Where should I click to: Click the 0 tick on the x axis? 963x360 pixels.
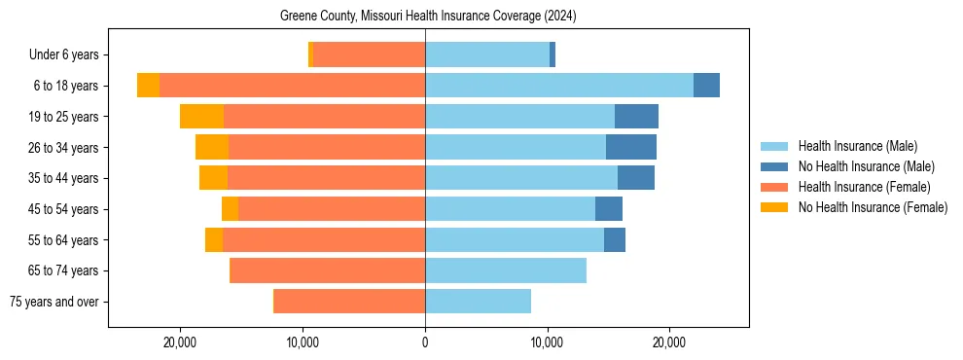[x=425, y=342]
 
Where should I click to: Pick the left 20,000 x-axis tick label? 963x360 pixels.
[x=181, y=342]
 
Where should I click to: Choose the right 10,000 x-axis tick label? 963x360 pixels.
[x=547, y=342]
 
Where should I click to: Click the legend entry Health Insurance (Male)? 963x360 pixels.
[x=856, y=146]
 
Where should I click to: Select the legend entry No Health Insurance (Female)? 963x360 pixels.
[x=872, y=207]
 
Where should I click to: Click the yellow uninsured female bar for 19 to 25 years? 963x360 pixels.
[x=201, y=117]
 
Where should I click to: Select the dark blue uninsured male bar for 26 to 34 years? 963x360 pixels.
[x=631, y=147]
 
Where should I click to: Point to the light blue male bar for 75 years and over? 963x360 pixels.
[x=478, y=302]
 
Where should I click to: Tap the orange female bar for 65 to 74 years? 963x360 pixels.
[x=327, y=270]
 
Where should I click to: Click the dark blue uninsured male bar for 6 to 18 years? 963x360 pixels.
[x=706, y=86]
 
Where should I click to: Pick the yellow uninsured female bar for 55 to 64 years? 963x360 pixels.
[x=214, y=239]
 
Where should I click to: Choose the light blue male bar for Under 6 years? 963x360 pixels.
[x=487, y=55]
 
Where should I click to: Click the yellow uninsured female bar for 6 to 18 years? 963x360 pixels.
[x=148, y=86]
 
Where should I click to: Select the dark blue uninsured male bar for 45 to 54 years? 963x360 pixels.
[x=609, y=209]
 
